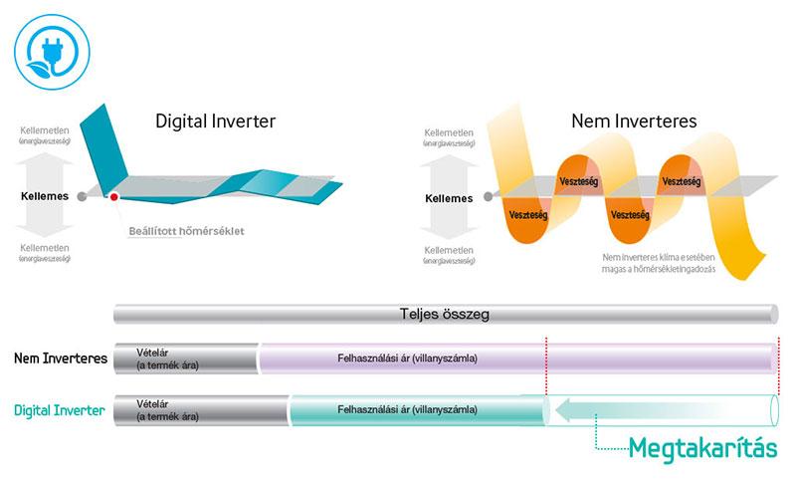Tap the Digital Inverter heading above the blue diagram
pos(215,121)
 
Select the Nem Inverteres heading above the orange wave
pos(633,121)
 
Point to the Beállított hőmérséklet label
pos(186,232)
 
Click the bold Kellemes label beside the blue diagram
pos(45,196)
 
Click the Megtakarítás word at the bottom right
pos(702,448)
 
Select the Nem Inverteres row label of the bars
pos(61,358)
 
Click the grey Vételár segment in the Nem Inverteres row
pos(185,359)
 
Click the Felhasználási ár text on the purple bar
pos(407,358)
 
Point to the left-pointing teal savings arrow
pos(657,408)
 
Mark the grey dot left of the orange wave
pos(486,197)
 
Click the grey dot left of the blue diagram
pos(82,197)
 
